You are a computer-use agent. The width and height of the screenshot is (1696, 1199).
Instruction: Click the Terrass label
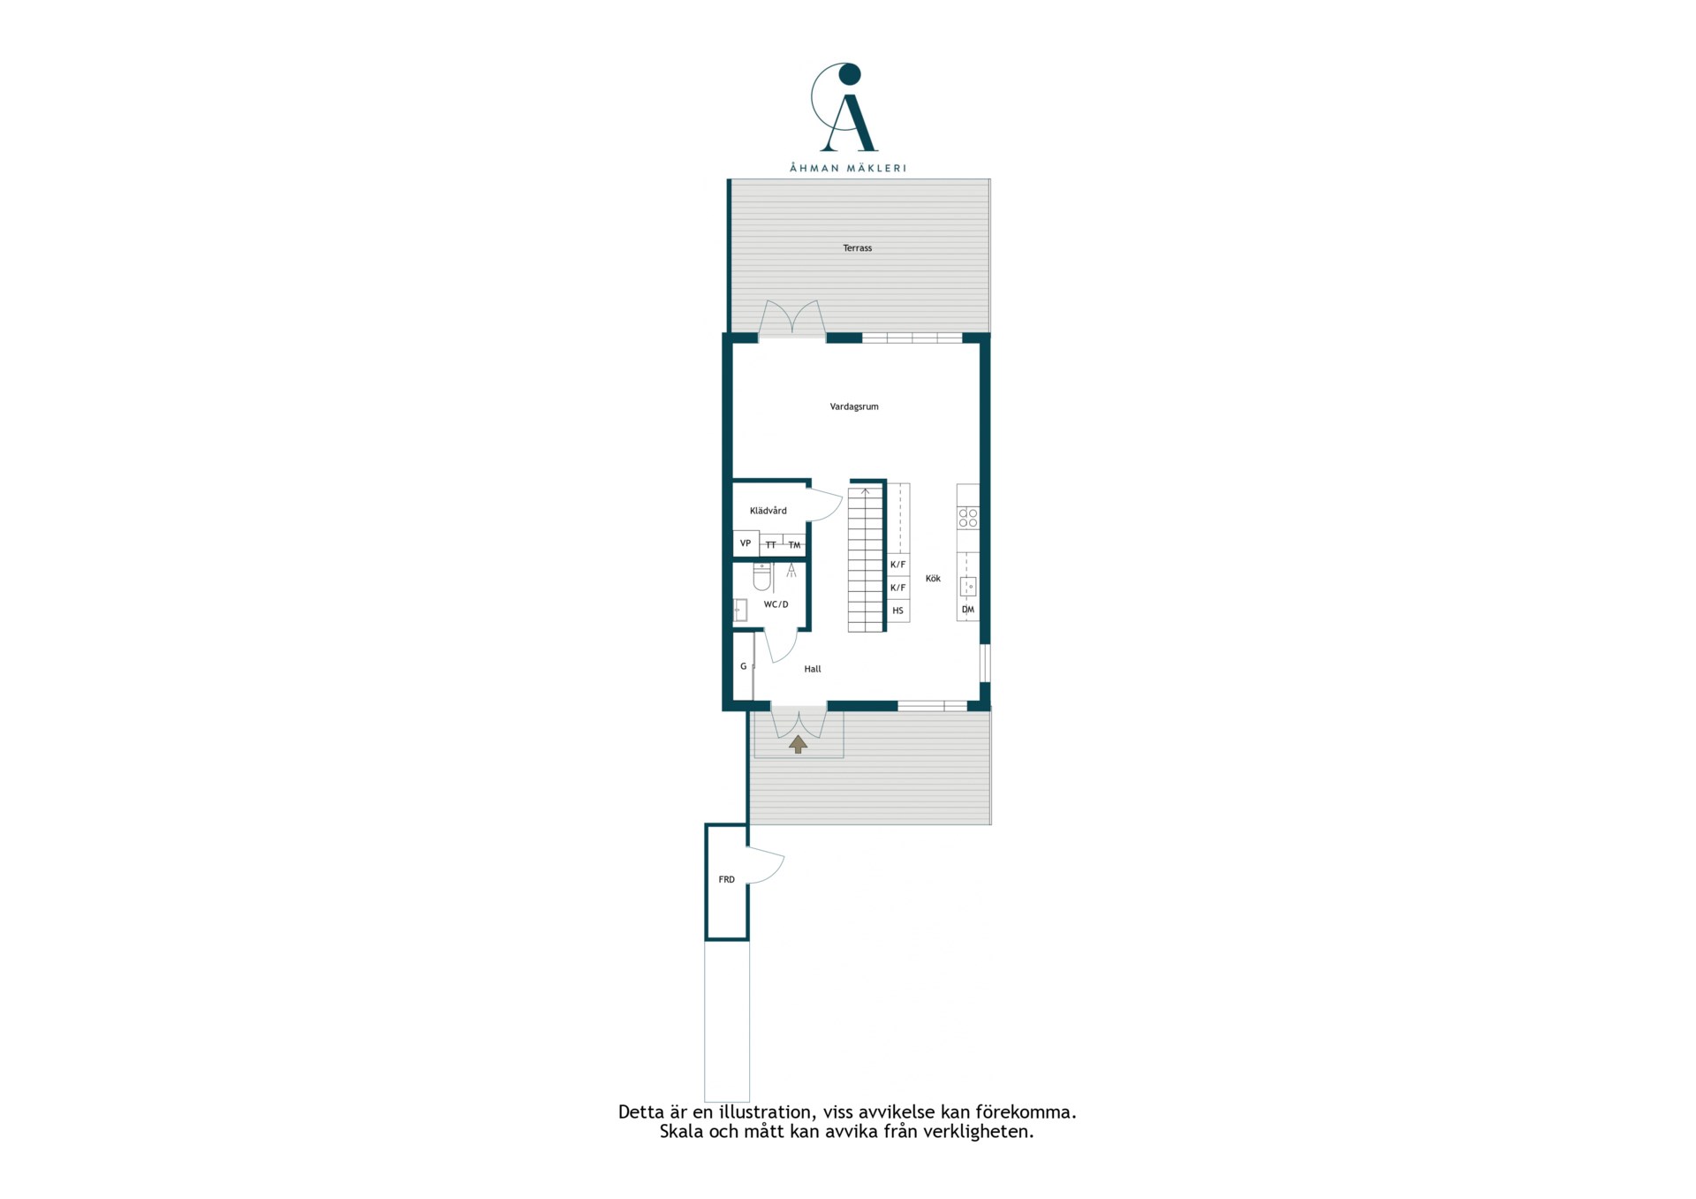[857, 248]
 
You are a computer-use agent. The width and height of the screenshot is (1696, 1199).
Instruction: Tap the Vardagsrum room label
[854, 407]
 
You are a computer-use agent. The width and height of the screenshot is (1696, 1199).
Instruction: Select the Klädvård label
[768, 511]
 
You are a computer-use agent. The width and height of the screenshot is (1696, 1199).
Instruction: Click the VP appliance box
[746, 543]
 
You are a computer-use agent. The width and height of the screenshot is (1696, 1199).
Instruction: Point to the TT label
[771, 545]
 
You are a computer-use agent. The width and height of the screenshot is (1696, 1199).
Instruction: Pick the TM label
[795, 545]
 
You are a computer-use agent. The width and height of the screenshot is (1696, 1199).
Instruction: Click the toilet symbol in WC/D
[762, 577]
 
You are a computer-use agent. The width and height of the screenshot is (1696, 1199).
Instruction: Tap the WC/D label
[776, 604]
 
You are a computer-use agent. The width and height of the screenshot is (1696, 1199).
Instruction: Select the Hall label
[813, 669]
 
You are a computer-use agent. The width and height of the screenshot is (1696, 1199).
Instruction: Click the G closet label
[744, 666]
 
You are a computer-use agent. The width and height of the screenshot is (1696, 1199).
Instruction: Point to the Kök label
[933, 579]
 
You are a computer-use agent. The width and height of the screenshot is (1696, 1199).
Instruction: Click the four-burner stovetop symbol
[968, 518]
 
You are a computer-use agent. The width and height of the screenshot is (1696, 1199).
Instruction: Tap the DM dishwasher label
[968, 610]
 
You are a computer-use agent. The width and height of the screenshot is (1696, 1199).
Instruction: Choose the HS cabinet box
[898, 611]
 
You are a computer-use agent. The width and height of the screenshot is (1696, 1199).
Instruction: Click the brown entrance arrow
[799, 744]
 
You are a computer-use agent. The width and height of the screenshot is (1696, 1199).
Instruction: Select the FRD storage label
[726, 880]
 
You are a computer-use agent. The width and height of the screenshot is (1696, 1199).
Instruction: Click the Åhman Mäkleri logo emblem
[846, 107]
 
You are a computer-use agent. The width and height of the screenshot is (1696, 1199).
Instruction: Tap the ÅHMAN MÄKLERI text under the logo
[847, 168]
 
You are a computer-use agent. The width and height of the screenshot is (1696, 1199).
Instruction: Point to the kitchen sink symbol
[968, 586]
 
